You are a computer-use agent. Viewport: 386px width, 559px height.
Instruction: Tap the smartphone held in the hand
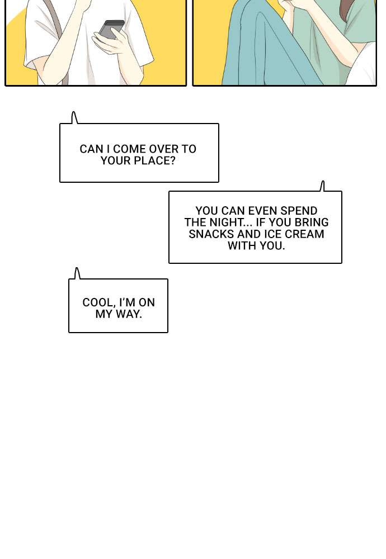(111, 30)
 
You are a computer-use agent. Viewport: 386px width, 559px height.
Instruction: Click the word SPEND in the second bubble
(299, 211)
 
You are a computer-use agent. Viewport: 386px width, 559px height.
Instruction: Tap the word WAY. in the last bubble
(129, 314)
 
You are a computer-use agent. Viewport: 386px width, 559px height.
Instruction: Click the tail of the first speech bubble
(74, 117)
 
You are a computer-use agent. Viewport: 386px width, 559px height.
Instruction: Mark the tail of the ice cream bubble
(322, 186)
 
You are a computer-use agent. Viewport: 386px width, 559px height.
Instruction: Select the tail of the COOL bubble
(77, 273)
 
